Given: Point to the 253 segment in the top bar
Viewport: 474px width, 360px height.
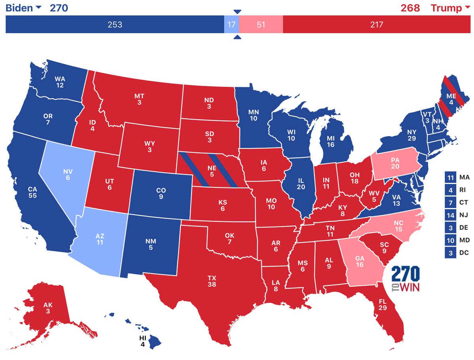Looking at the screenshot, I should coord(115,24).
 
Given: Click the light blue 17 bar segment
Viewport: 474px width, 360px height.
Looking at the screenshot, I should coord(231,24).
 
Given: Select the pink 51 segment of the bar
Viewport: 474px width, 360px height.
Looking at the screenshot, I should coord(261,24).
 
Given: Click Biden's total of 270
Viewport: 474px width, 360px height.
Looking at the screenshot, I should coord(58,8).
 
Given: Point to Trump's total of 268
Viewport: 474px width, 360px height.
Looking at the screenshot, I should coord(410,8).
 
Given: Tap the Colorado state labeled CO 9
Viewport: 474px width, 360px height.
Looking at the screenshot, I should coord(161,193).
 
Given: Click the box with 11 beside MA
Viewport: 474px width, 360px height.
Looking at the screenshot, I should coord(450,178).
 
